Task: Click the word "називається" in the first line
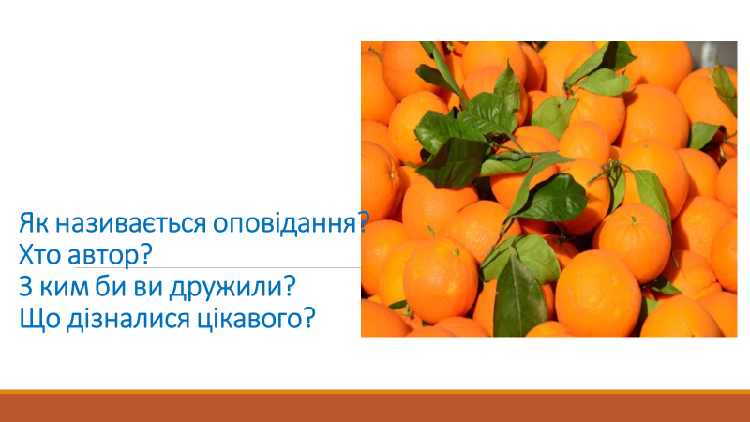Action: tap(130, 223)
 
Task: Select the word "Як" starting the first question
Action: tap(34, 223)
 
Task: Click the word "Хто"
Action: tap(39, 255)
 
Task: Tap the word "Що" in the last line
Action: tap(39, 319)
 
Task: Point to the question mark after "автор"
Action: tap(145, 254)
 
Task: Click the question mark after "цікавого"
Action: tap(309, 319)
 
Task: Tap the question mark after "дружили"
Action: tap(289, 287)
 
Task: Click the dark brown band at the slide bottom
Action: tap(375, 408)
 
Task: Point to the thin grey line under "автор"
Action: tap(217, 267)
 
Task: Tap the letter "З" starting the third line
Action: tap(26, 287)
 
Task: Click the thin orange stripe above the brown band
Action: tap(375, 392)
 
